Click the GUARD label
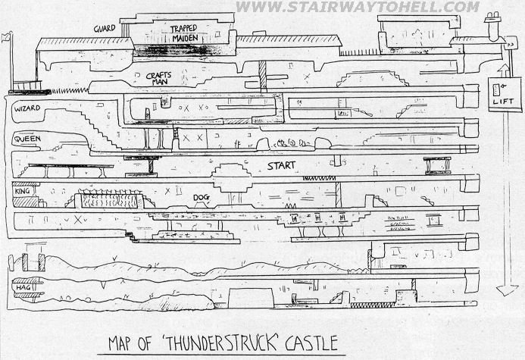(105, 28)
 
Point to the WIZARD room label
(27, 110)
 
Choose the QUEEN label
(27, 139)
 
